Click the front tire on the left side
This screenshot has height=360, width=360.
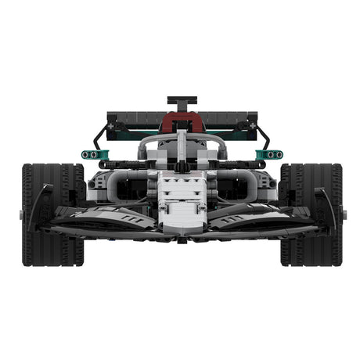[x=49, y=214]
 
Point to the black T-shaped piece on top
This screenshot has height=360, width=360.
[x=182, y=103]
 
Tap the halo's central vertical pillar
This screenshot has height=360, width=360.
[x=182, y=149]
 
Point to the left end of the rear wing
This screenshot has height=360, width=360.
[x=113, y=122]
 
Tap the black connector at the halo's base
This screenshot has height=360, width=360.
[x=182, y=166]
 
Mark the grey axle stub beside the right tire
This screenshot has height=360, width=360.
[x=345, y=214]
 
